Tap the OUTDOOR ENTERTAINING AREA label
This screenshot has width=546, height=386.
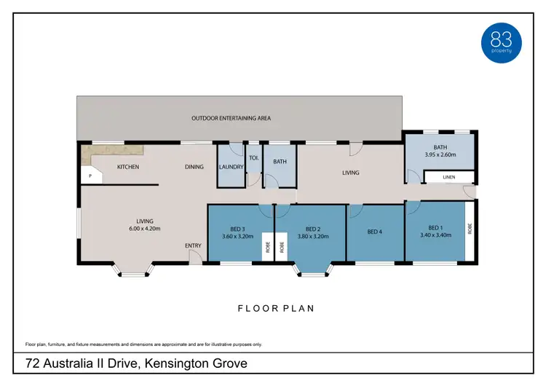[231, 118]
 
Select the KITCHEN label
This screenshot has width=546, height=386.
[128, 167]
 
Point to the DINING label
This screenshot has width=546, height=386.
[194, 167]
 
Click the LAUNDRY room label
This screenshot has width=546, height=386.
[230, 167]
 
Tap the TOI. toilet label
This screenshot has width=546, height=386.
[254, 157]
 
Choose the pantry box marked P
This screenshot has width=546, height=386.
[90, 176]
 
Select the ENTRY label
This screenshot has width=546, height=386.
[193, 245]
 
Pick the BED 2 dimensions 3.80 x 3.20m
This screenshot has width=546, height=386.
[313, 236]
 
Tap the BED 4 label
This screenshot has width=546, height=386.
[374, 232]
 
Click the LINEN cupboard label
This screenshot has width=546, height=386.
[450, 177]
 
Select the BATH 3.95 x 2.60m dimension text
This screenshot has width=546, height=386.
[440, 154]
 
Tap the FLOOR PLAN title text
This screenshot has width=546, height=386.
[276, 308]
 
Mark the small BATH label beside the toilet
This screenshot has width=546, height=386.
[280, 161]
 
